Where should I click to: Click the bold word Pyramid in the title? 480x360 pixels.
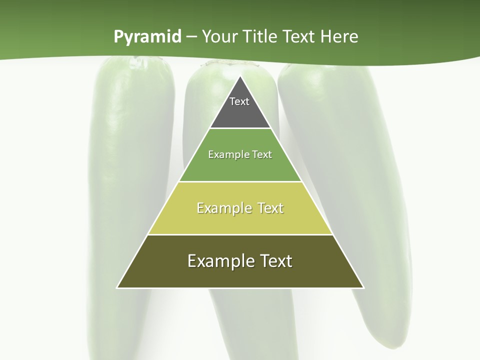point(147,37)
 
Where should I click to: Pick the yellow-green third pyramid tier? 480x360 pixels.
point(240,220)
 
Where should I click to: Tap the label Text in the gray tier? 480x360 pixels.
point(239,101)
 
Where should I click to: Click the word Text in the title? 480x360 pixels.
point(299,36)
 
